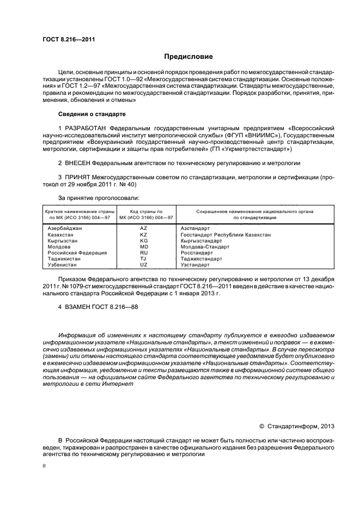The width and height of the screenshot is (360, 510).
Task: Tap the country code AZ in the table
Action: click(x=144, y=228)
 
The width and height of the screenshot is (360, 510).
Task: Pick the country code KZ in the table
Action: click(x=144, y=234)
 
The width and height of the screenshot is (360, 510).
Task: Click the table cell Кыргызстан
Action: click(x=63, y=240)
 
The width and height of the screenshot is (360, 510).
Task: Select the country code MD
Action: click(x=144, y=246)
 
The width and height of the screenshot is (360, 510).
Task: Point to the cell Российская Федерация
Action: click(x=77, y=252)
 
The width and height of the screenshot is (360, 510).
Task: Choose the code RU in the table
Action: click(x=144, y=252)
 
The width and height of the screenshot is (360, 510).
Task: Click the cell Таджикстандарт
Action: click(x=202, y=258)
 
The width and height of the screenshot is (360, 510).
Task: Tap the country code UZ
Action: click(x=144, y=264)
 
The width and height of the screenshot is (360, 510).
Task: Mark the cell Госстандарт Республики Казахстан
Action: click(x=225, y=234)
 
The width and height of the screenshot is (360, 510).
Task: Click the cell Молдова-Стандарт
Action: click(x=205, y=246)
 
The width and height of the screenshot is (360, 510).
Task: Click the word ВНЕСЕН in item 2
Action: click(x=78, y=163)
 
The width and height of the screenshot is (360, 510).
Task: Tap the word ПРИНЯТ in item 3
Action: click(x=77, y=178)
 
